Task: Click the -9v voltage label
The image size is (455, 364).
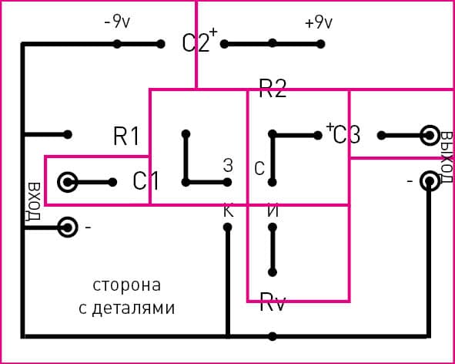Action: pos(117,22)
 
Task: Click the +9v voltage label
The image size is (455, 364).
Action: pos(319,22)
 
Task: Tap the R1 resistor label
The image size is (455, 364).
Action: pos(126,136)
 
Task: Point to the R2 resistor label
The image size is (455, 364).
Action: pos(273,89)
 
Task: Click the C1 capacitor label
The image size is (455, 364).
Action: pos(146,181)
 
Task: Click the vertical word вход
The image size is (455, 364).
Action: pos(33,202)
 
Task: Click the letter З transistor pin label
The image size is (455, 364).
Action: pos(227,164)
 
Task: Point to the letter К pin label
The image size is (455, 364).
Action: pos(227,210)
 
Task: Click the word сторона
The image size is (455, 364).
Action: pos(127,285)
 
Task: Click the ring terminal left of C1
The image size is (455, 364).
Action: pos(68,182)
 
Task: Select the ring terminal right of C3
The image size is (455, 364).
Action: pos(429,136)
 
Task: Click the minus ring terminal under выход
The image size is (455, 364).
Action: pos(429,180)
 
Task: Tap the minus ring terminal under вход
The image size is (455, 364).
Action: pos(68,228)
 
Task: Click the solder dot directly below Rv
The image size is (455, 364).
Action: pos(273,336)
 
